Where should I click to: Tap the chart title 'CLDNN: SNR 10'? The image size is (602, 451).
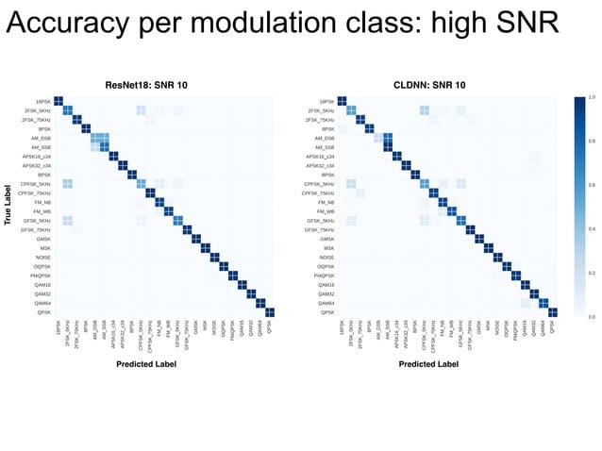429,85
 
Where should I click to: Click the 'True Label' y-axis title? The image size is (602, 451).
8,207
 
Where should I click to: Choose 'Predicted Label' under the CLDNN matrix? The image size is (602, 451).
428,363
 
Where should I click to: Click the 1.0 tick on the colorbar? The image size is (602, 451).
592,97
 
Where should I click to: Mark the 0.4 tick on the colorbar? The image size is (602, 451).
592,229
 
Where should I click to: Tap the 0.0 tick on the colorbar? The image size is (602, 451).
592,318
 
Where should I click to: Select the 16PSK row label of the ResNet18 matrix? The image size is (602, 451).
43,102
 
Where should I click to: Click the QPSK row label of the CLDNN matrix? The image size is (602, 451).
326,312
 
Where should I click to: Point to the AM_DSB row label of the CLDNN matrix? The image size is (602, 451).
325,139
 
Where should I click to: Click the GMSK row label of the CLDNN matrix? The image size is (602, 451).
326,239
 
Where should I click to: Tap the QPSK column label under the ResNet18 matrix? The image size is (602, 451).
271,327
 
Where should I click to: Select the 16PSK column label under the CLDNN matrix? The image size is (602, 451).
342,329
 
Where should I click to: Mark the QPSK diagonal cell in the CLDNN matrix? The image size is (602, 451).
553,312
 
